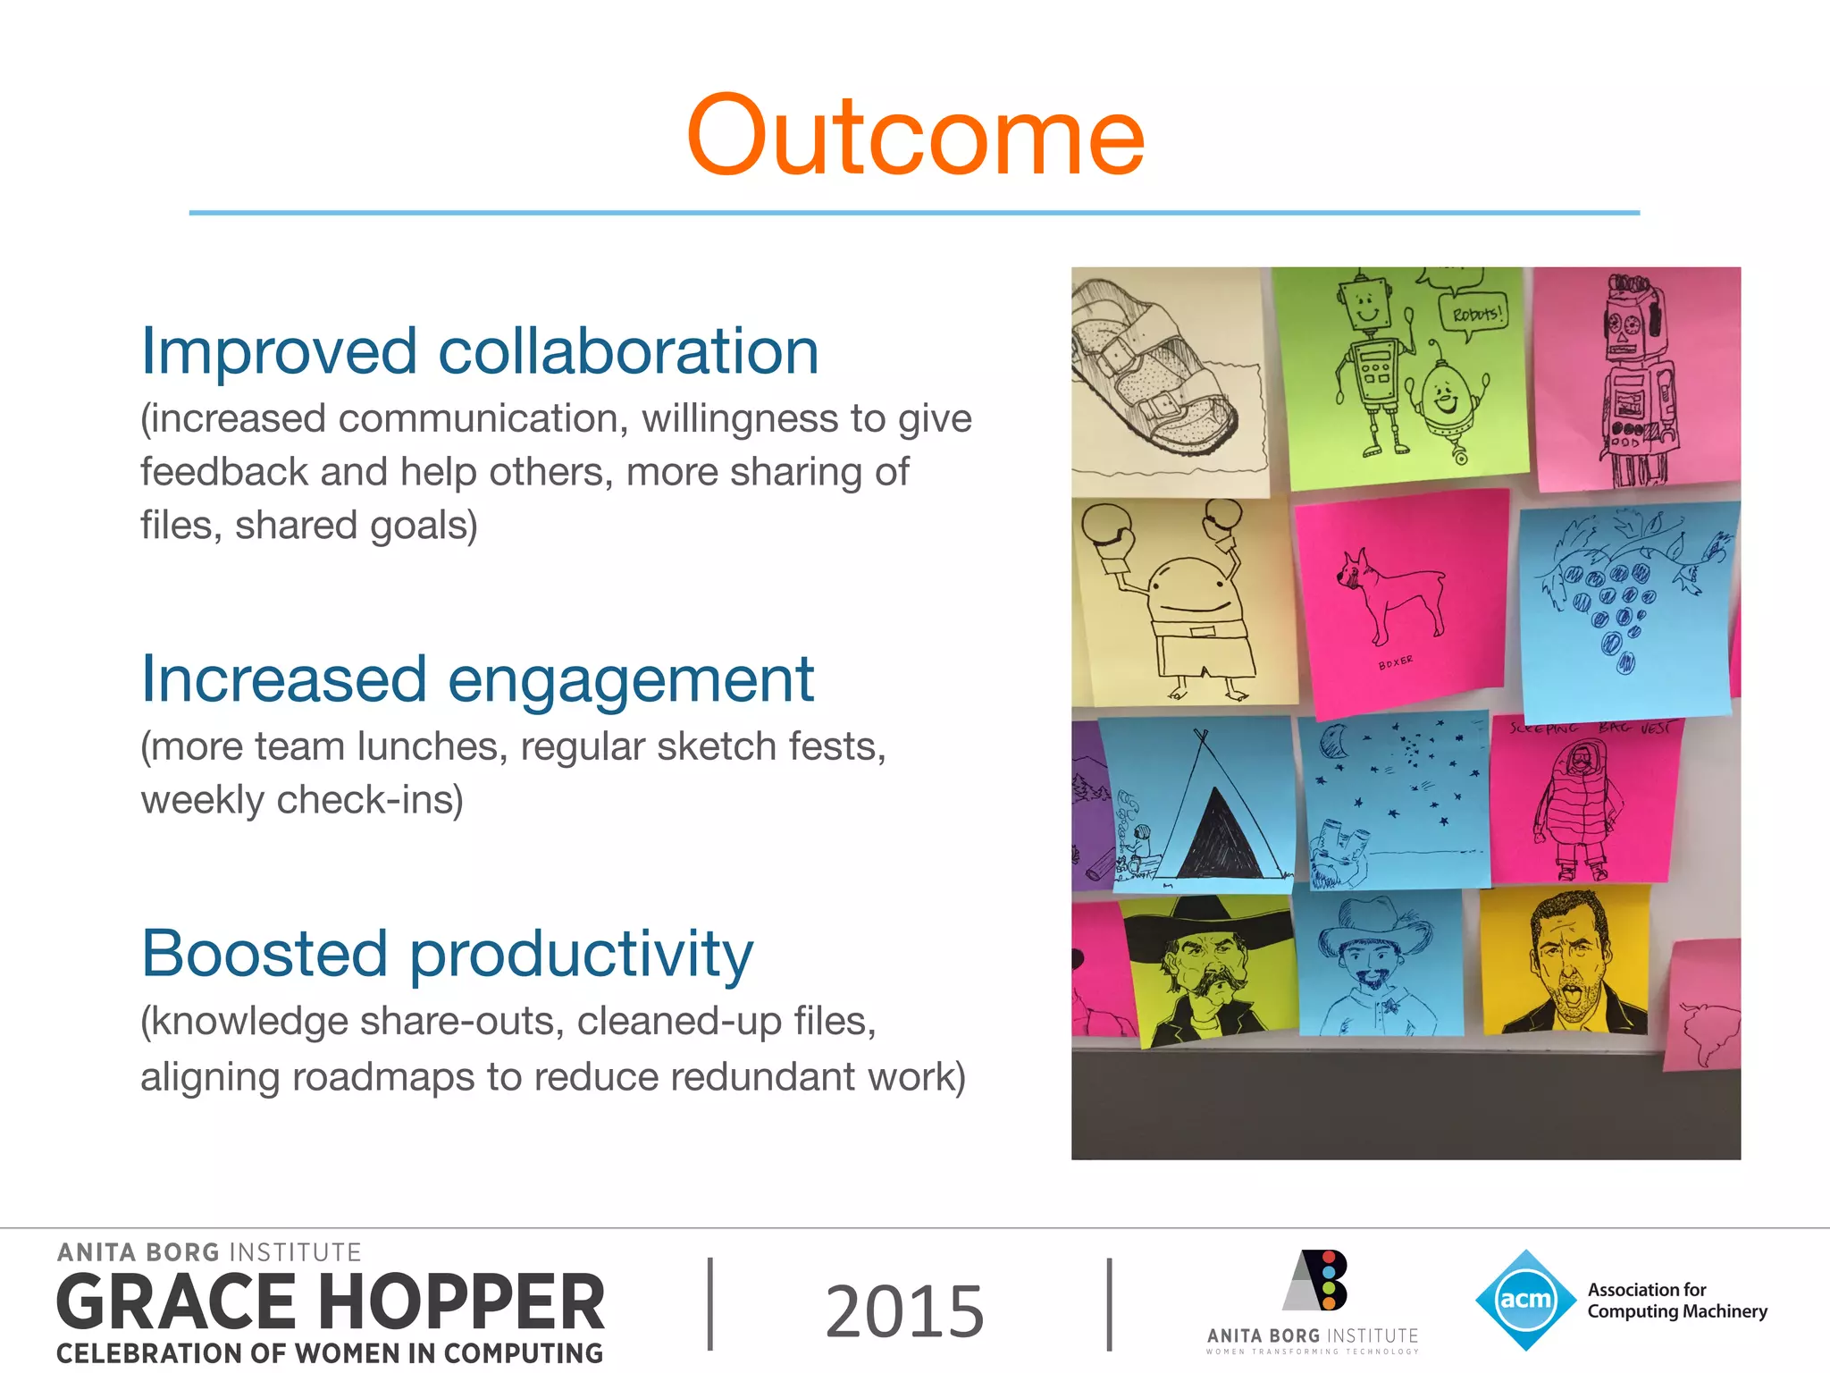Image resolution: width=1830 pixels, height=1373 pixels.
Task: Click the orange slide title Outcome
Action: click(x=915, y=136)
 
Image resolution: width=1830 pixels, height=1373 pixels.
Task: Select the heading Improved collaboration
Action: click(x=480, y=350)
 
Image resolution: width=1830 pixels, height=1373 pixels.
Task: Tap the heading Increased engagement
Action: click(x=477, y=679)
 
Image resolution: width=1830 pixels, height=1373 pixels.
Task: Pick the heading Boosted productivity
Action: click(x=447, y=953)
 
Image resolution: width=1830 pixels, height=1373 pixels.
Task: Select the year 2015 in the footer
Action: click(x=904, y=1310)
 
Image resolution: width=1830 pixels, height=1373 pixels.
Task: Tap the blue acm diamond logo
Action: click(x=1525, y=1300)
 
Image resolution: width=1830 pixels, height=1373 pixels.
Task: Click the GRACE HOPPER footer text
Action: click(x=331, y=1301)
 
